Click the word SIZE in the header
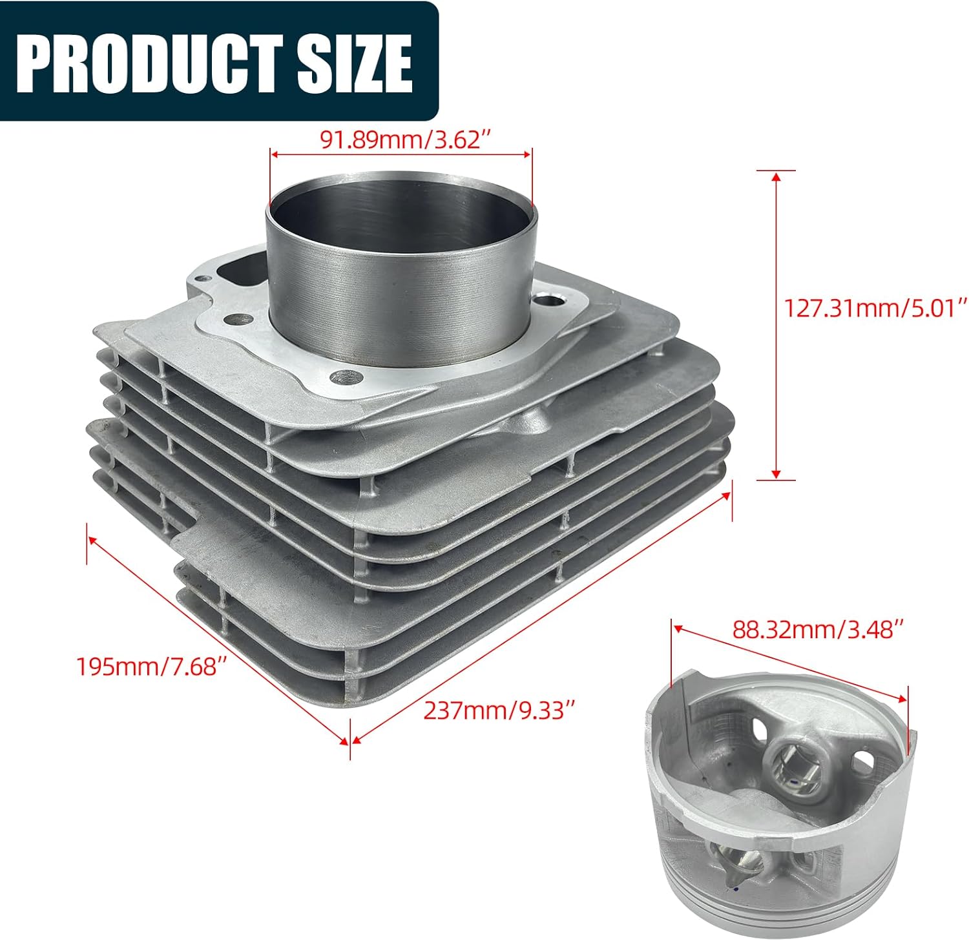pyautogui.click(x=354, y=63)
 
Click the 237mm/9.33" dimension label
pyautogui.click(x=499, y=710)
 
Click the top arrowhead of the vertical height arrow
pyautogui.click(x=776, y=176)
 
